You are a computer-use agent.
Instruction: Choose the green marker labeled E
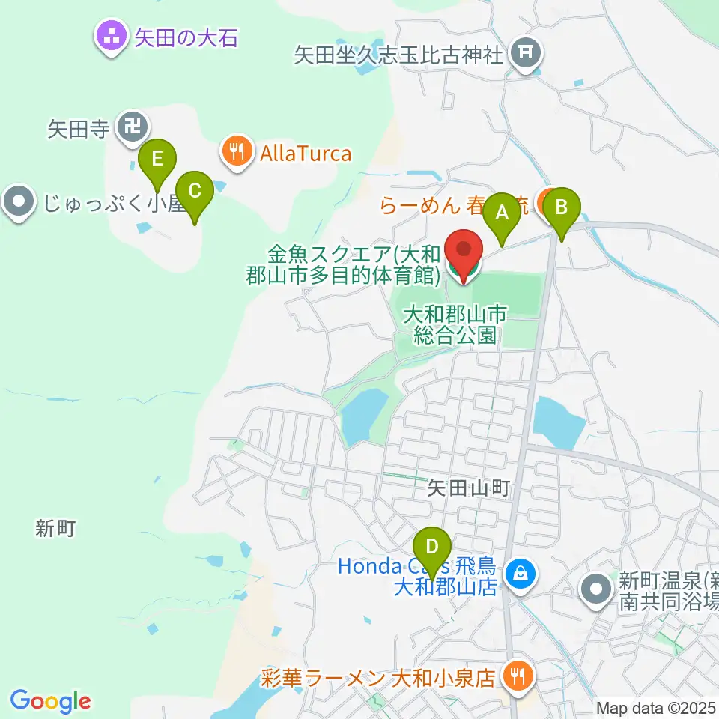tap(157, 161)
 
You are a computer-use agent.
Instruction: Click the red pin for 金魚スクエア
tap(464, 251)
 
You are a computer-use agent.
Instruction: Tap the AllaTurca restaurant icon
tap(237, 154)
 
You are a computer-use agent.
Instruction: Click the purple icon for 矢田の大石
tap(112, 36)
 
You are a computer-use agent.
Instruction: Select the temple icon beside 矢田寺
tap(133, 128)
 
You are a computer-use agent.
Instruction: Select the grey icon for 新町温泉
tap(597, 589)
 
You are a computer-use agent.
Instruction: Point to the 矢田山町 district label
tap(468, 489)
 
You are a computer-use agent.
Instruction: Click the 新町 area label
tap(55, 529)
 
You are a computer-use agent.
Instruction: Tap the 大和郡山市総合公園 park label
tap(455, 324)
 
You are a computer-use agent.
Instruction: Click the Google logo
tap(50, 701)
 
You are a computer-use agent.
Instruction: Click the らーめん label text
tap(421, 205)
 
